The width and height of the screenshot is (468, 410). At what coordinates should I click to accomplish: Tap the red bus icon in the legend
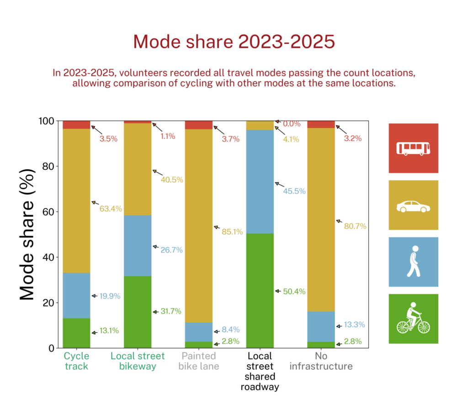[414, 148]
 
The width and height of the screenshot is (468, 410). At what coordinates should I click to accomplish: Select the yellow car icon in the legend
[414, 205]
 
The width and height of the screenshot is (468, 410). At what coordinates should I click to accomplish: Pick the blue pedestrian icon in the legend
[414, 262]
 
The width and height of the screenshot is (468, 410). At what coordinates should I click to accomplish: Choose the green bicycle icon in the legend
[414, 318]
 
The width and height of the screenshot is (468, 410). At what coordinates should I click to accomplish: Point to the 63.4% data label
[111, 209]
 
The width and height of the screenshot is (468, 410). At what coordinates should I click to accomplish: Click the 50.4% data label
[295, 291]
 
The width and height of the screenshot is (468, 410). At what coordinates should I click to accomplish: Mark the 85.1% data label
[233, 232]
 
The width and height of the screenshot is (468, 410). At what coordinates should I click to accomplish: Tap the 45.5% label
[295, 191]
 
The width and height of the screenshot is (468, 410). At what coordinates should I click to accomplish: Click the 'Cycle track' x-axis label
[76, 361]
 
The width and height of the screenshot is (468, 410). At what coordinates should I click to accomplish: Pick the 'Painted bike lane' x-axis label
[199, 361]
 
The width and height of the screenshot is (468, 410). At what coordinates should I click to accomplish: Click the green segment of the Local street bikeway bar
[138, 312]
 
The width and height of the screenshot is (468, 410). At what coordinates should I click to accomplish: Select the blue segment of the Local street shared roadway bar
[260, 182]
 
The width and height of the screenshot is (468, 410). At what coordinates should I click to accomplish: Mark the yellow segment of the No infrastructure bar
[321, 220]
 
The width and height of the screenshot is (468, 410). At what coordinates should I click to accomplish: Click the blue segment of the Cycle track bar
[76, 296]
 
